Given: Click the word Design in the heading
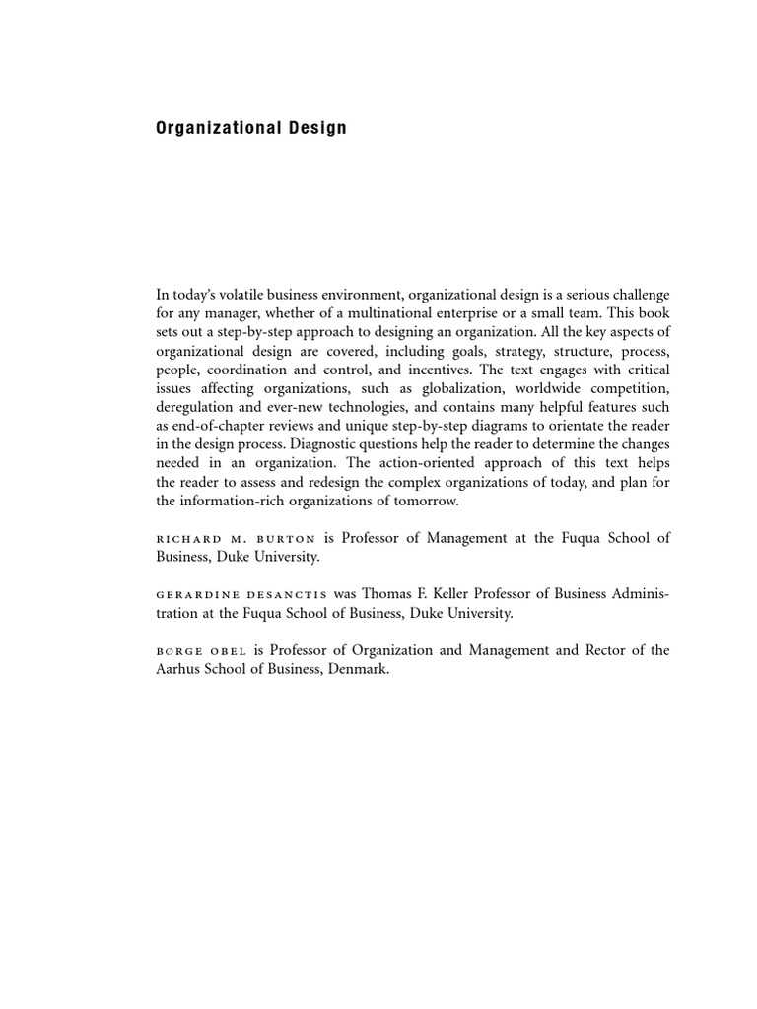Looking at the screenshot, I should (x=315, y=128).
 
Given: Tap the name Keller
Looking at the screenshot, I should (x=448, y=594).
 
